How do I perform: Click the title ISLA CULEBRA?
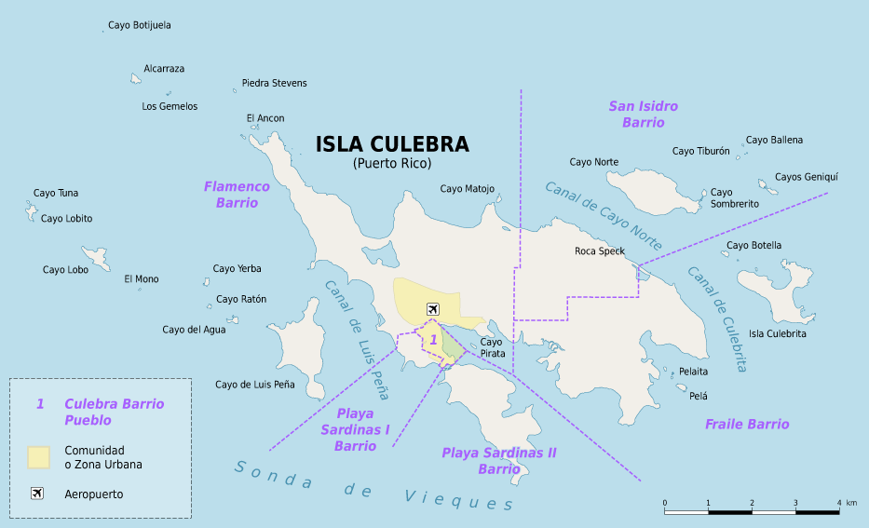[392, 144]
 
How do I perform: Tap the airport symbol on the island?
[432, 309]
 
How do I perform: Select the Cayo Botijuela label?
[140, 25]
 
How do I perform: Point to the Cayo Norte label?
[593, 162]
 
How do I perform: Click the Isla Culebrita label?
[777, 333]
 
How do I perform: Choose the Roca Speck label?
[599, 251]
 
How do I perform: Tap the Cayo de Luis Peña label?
[254, 385]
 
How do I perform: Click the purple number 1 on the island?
[433, 341]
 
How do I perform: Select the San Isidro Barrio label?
[644, 115]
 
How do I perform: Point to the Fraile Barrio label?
[747, 425]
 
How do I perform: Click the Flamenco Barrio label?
[237, 195]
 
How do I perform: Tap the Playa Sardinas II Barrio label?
[498, 461]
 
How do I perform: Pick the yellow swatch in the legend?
[38, 456]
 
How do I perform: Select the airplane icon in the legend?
[37, 494]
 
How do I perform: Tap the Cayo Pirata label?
[492, 348]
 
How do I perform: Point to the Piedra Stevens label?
[274, 83]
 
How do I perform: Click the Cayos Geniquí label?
[807, 177]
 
